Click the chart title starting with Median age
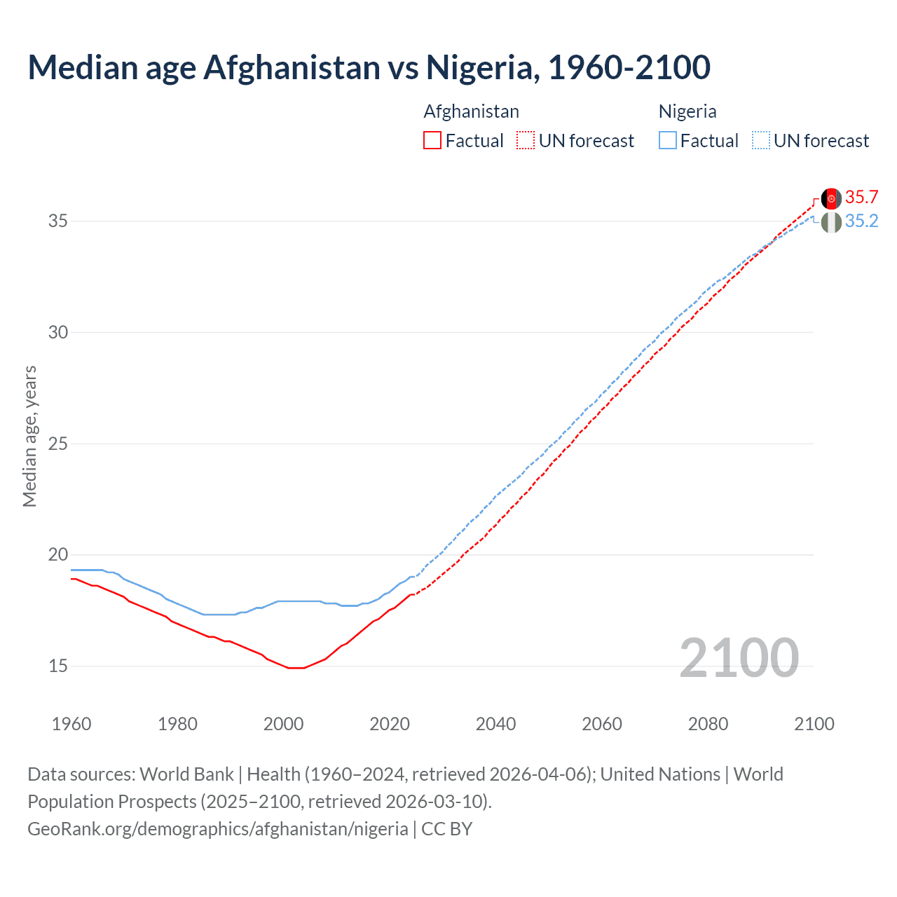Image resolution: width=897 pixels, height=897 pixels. [369, 68]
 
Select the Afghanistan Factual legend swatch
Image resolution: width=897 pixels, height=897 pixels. [432, 140]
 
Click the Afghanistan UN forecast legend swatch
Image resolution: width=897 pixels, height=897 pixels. [526, 140]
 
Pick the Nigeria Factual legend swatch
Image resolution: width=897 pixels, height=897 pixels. [668, 140]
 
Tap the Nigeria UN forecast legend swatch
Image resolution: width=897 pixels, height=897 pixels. [761, 140]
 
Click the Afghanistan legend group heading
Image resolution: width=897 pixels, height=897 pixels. [471, 111]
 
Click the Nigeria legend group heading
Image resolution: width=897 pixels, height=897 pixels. [687, 111]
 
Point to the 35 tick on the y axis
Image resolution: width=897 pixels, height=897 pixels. [58, 221]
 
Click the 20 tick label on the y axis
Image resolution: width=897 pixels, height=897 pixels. [58, 555]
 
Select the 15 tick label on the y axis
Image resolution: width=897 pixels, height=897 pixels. [58, 666]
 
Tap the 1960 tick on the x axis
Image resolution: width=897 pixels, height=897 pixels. [71, 724]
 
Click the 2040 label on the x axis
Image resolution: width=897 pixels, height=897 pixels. [495, 724]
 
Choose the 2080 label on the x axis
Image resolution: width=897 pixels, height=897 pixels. [708, 724]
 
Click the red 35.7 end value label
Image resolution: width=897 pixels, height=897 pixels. [861, 197]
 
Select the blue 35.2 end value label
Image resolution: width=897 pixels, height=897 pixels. [861, 221]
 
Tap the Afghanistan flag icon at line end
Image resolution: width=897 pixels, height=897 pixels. [831, 199]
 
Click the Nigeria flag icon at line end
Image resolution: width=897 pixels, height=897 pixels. [831, 223]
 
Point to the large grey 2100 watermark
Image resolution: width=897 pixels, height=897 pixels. [739, 657]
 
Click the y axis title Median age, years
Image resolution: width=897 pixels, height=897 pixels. [29, 436]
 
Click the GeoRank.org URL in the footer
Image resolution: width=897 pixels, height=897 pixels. [217, 829]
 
